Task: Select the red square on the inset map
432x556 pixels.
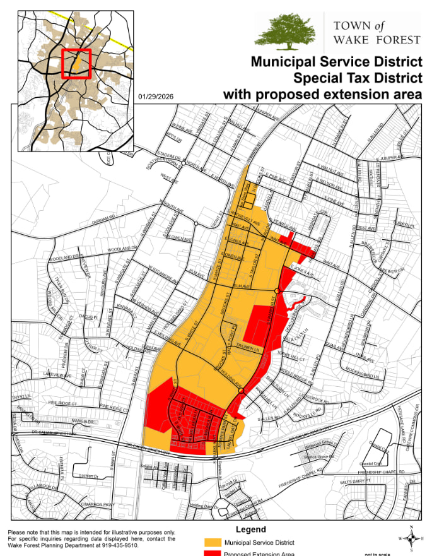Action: coord(76,64)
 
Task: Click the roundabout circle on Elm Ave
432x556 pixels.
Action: coord(277,290)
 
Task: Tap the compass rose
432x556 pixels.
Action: coord(410,538)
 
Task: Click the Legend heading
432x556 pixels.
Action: coord(251,529)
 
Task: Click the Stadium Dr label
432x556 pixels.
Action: coord(169,155)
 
